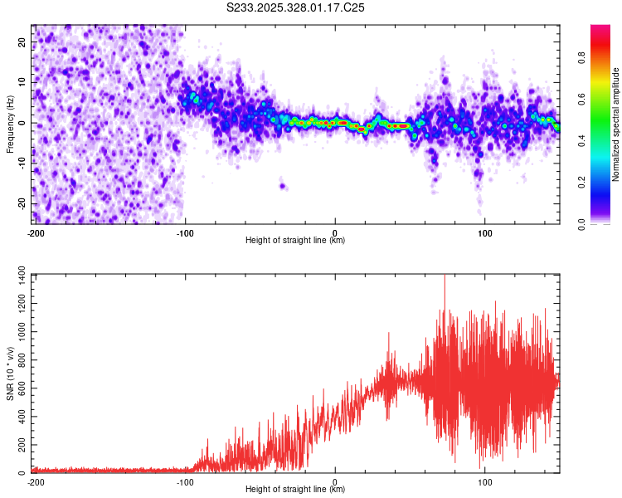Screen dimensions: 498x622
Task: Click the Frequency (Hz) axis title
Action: click(x=11, y=124)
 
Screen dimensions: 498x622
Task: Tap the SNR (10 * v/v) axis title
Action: click(x=11, y=373)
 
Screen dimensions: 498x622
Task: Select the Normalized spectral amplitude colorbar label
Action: click(x=616, y=124)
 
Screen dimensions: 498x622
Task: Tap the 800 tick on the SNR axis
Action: click(x=18, y=359)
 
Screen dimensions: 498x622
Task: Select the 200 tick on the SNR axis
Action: click(x=18, y=446)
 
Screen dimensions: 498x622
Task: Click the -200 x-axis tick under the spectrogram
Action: click(x=36, y=232)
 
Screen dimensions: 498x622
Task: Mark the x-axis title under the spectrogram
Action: click(x=295, y=241)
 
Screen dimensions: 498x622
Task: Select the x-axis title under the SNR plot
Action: click(x=295, y=490)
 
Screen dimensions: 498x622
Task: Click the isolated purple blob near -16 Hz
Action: click(x=283, y=186)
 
